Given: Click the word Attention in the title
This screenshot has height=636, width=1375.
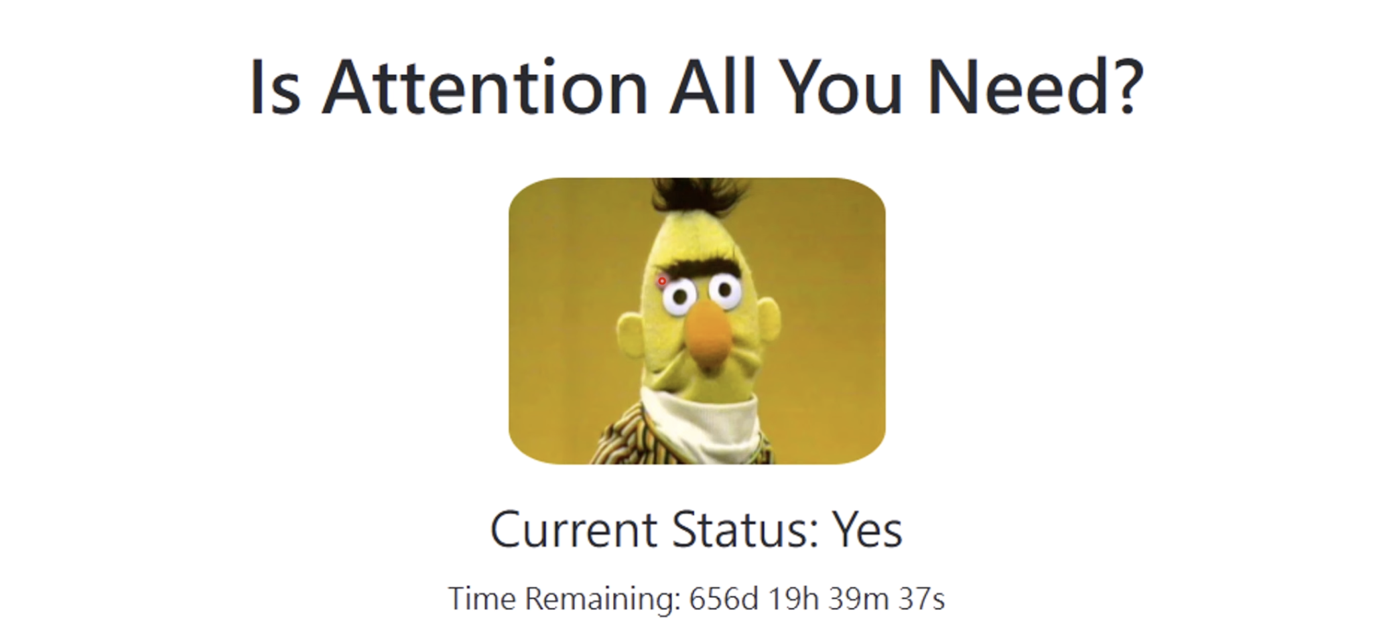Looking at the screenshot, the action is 485,87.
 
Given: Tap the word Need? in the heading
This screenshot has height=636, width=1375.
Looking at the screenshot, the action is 1036,87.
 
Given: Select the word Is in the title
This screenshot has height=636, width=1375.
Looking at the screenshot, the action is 275,87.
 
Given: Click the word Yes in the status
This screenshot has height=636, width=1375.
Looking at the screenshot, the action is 867,529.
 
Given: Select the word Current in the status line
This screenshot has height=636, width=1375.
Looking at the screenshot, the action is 574,529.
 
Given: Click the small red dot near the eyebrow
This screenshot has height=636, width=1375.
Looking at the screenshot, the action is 662,281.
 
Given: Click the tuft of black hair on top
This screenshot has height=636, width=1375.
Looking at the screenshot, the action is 690,194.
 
